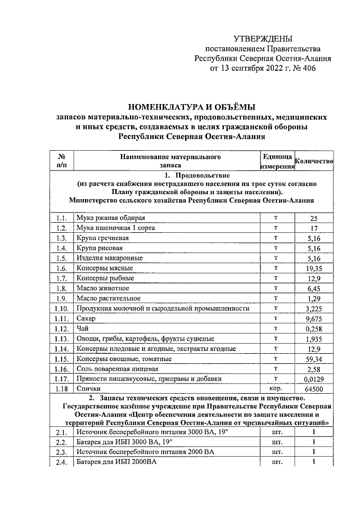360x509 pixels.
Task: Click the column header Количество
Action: pyautogui.click(x=314, y=161)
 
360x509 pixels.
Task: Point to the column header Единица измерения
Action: pyautogui.click(x=276, y=161)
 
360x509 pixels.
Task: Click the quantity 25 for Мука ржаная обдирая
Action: pyautogui.click(x=314, y=218)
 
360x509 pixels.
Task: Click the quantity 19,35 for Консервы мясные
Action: pyautogui.click(x=314, y=269)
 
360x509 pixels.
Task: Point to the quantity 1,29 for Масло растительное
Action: pyautogui.click(x=314, y=299)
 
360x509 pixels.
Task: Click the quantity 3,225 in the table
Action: pyautogui.click(x=314, y=309)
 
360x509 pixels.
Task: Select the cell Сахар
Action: pyautogui.click(x=87, y=318)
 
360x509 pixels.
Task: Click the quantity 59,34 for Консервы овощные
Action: pyautogui.click(x=314, y=359)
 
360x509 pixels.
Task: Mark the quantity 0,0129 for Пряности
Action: pyautogui.click(x=314, y=379)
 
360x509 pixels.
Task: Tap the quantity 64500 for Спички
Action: pyautogui.click(x=314, y=389)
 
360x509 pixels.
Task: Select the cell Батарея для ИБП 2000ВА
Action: pyautogui.click(x=116, y=462)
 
